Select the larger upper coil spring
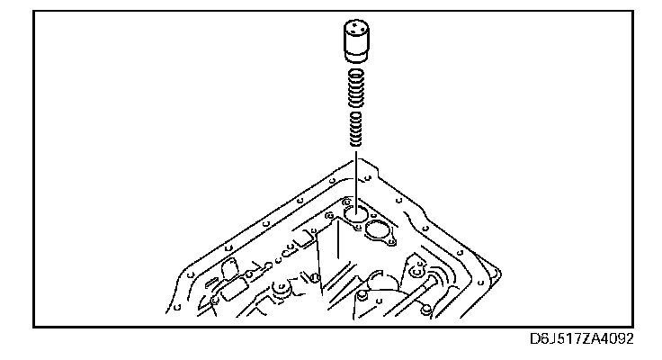pos(356,88)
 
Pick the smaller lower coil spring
pos(356,130)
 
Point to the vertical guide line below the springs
pos(356,175)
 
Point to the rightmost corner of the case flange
pos(497,267)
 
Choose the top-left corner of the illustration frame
pos(34,10)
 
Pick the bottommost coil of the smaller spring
pos(356,147)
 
